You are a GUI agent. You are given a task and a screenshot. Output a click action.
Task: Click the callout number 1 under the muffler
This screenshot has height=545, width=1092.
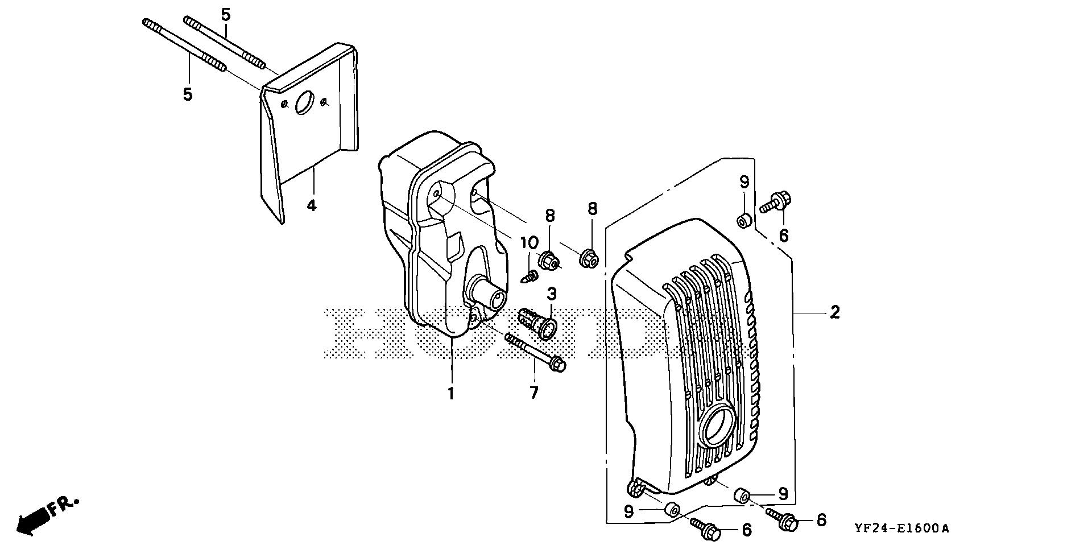coord(451,393)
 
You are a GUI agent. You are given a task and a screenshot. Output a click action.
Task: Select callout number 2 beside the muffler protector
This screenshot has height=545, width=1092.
coord(834,312)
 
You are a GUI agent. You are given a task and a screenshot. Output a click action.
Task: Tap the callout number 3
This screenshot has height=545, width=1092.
coord(552,294)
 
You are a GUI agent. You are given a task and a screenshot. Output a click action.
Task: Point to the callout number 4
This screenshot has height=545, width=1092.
coord(311,205)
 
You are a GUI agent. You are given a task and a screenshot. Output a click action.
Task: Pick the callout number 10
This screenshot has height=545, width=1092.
coord(530,243)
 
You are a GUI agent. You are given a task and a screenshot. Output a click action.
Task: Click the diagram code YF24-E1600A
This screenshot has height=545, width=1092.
coord(901,529)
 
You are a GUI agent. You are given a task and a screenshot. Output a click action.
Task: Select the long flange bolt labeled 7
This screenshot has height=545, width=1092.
coord(535,352)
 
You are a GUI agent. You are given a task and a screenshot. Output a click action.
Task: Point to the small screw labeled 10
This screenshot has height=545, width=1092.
coord(531,277)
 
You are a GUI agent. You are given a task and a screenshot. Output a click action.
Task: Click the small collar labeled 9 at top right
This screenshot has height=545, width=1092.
coord(744,220)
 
